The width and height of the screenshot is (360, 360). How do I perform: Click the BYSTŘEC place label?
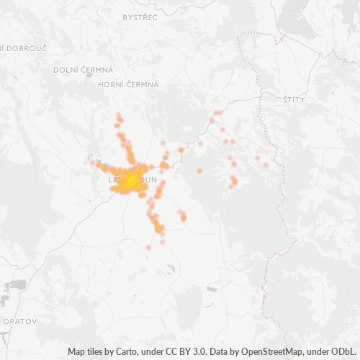[140, 17]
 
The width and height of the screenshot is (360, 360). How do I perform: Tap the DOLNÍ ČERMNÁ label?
[84, 70]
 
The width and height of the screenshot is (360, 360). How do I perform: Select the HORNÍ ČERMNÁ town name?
[128, 84]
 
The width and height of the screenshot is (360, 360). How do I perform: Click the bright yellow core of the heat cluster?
[129, 181]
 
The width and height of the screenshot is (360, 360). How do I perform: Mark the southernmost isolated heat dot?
[148, 247]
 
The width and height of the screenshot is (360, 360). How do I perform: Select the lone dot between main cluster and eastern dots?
[199, 171]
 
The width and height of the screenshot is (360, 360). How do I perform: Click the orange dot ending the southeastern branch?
[184, 217]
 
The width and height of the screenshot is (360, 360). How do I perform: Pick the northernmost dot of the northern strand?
[119, 114]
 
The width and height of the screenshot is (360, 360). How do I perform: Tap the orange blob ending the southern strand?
[158, 228]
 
